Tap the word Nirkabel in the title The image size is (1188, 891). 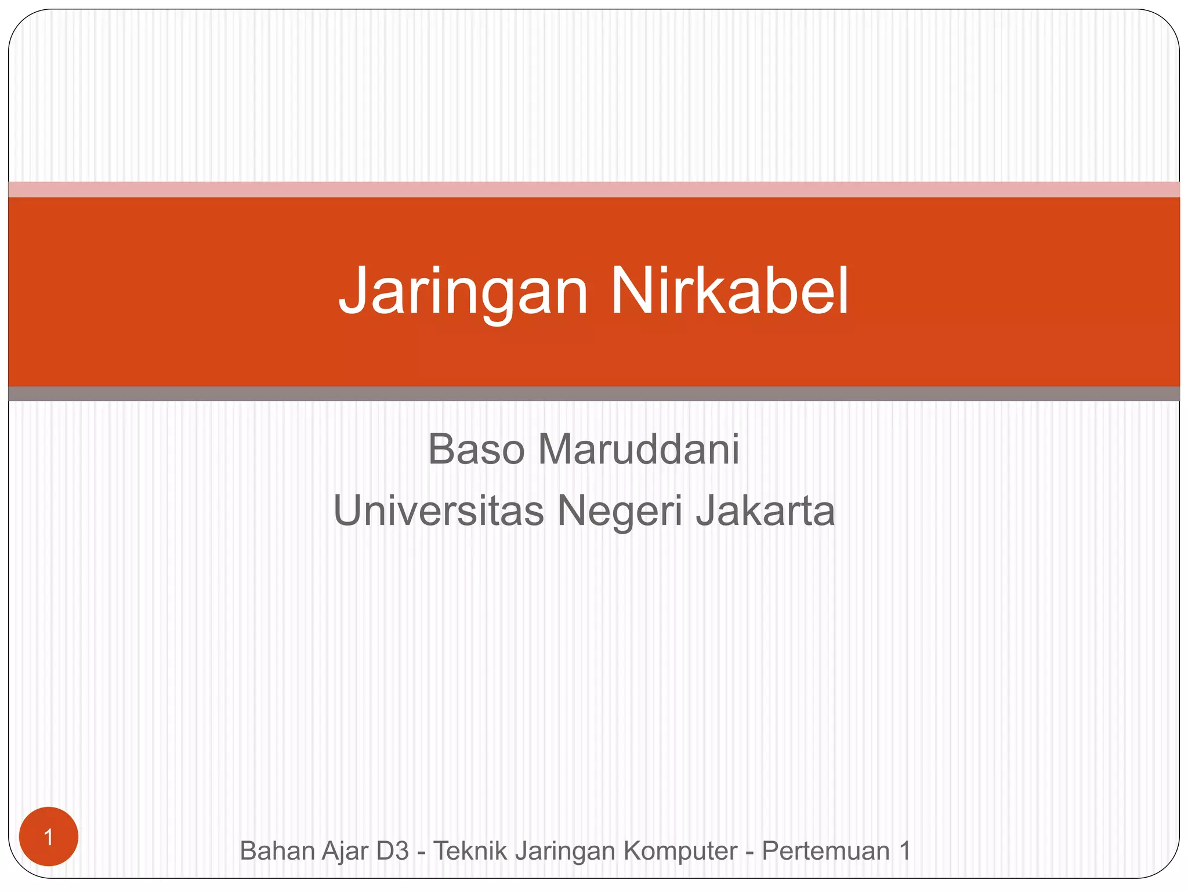729,290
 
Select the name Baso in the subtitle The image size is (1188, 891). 476,449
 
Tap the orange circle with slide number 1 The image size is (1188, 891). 49,837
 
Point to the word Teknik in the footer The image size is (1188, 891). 468,851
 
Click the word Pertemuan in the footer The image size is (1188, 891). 825,851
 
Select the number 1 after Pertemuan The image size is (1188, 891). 904,851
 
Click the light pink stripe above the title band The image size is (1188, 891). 594,190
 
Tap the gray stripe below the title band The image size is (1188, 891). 594,394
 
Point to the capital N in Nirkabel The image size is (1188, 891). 629,290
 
